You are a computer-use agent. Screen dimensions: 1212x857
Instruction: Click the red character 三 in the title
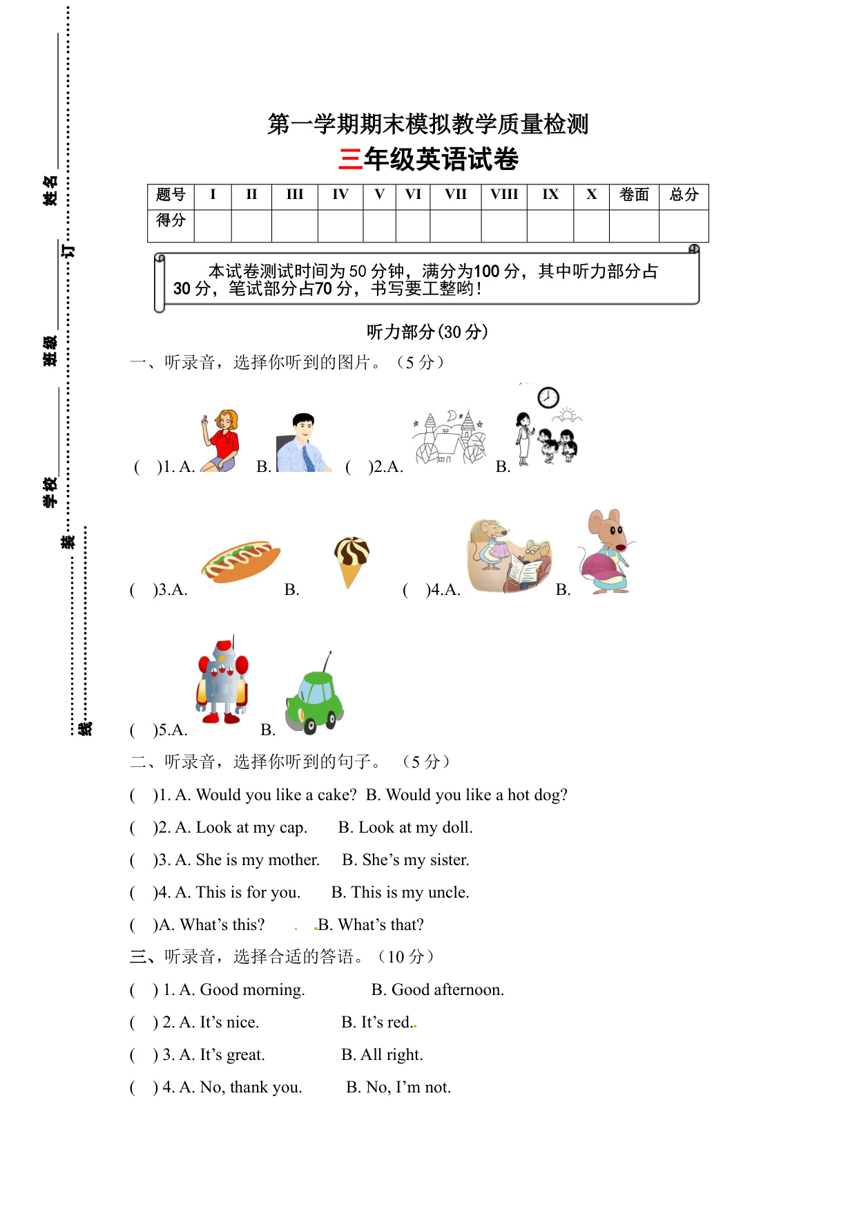click(351, 160)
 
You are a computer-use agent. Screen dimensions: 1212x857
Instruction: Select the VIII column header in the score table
click(504, 195)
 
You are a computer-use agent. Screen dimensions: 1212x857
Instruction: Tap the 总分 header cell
click(684, 195)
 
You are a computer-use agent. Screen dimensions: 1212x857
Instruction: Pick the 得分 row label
click(171, 220)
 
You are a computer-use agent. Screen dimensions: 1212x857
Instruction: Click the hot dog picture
click(241, 560)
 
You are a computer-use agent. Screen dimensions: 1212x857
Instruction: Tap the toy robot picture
click(222, 681)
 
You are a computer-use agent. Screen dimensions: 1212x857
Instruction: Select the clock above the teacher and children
click(548, 397)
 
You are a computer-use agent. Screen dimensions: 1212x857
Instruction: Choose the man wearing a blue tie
click(302, 443)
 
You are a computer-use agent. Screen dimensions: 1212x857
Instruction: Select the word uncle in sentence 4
click(447, 893)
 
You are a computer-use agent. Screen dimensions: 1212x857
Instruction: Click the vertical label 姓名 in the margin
click(50, 191)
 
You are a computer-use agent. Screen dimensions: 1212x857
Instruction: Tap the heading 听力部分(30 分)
click(427, 332)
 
